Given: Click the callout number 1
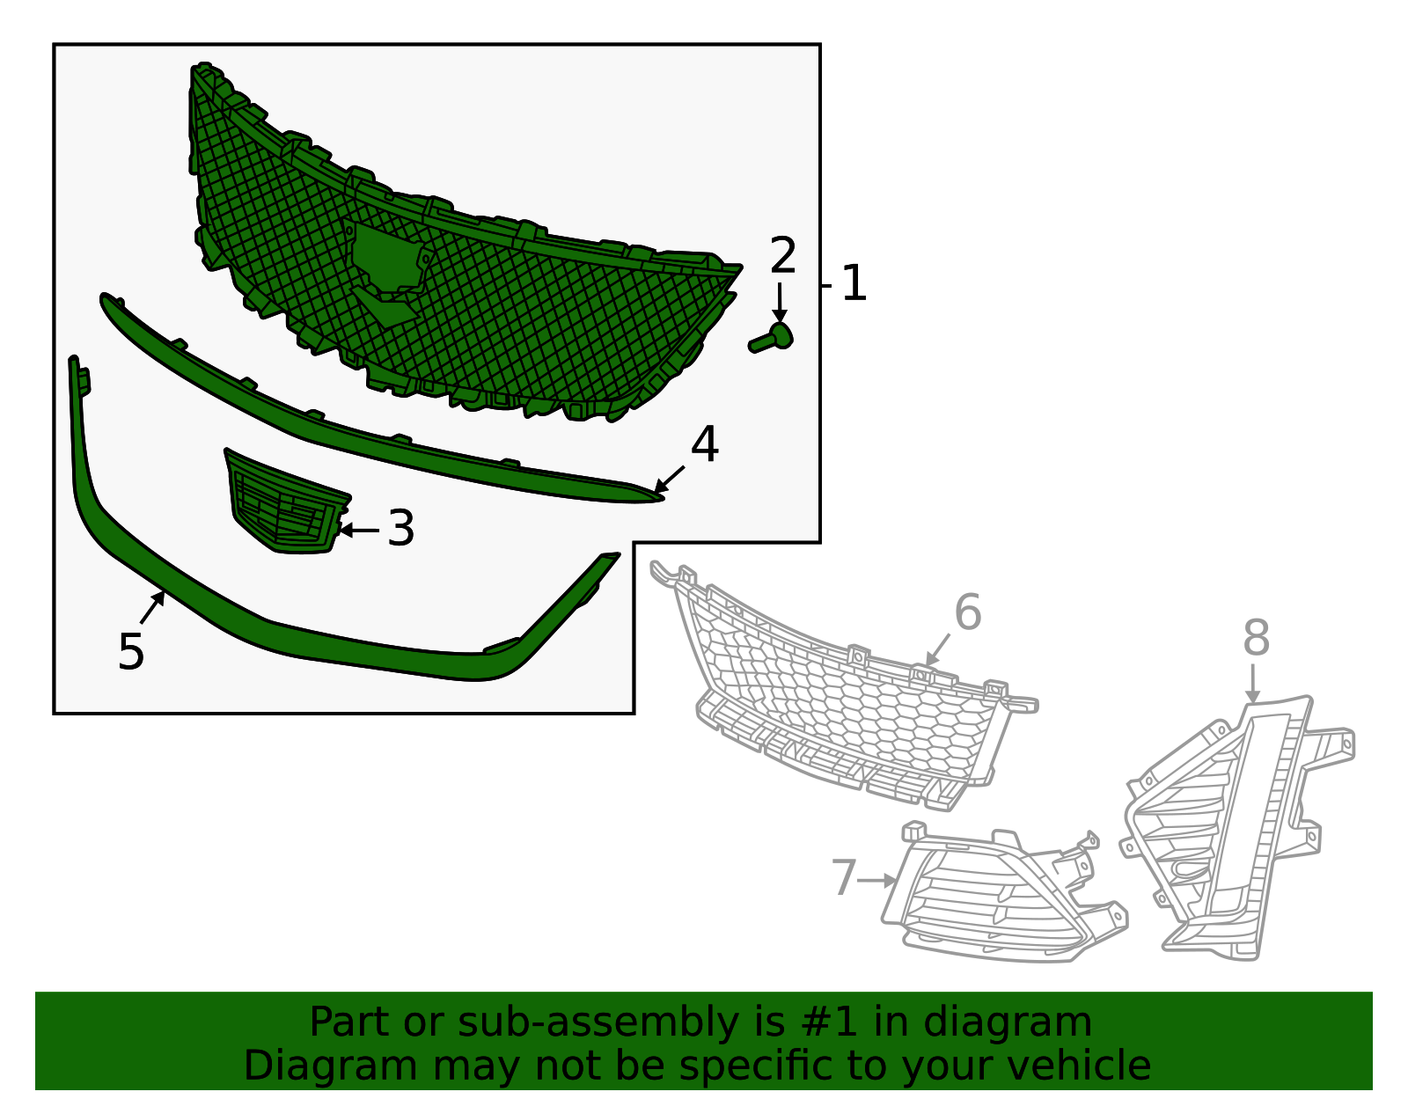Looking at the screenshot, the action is (x=854, y=283).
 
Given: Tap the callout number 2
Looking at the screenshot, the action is (x=782, y=255).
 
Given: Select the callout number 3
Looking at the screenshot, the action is (x=400, y=528).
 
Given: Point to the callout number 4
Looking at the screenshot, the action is (x=704, y=444).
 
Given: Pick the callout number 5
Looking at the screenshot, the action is (x=131, y=651).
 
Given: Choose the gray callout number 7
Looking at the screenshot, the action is (x=844, y=877).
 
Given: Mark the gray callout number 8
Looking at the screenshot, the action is (x=1256, y=638).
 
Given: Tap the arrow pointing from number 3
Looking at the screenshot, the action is (x=359, y=530).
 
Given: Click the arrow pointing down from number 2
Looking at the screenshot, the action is (x=780, y=303).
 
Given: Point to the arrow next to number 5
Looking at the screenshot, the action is (x=152, y=607).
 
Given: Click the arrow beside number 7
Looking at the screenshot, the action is (x=876, y=880).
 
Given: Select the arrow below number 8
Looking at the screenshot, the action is (x=1252, y=683).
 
